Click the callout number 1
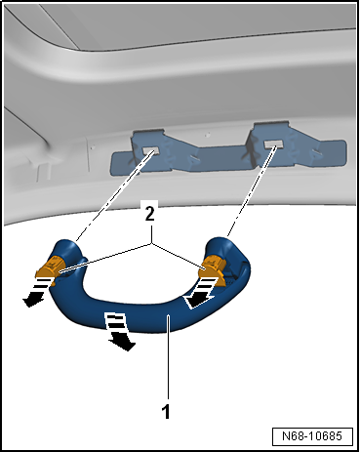tap(166, 411)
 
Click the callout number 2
tap(149, 214)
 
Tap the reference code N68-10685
tap(312, 435)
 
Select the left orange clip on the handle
tap(49, 267)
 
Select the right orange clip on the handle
tap(214, 267)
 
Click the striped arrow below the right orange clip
tap(201, 292)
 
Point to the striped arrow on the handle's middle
tap(119, 331)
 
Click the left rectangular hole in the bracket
tap(150, 150)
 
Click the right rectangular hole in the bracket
tap(272, 144)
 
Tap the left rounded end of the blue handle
tap(66, 249)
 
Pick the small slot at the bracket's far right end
tap(317, 151)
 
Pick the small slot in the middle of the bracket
tap(195, 157)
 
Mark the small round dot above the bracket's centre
tap(208, 134)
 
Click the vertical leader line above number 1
tap(168, 357)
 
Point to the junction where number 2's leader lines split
tap(151, 243)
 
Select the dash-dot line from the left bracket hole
tap(114, 196)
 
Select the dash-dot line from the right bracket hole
tap(252, 191)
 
